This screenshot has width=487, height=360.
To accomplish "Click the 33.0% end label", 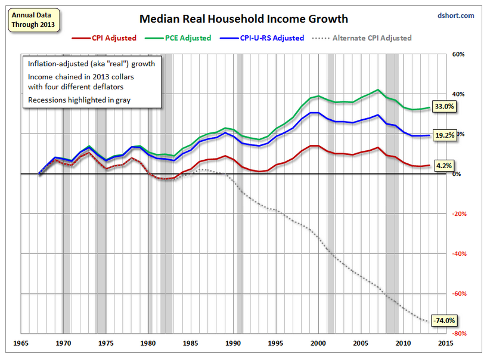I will click(x=445, y=107).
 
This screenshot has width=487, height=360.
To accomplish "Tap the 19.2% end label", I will click(x=445, y=135).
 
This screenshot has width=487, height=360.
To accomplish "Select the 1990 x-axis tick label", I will click(x=234, y=343).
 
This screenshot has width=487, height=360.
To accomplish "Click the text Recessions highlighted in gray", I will click(x=79, y=100).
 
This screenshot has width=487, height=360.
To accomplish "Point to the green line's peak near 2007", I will click(x=378, y=90).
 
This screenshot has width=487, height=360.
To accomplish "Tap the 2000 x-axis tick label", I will click(x=318, y=343).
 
